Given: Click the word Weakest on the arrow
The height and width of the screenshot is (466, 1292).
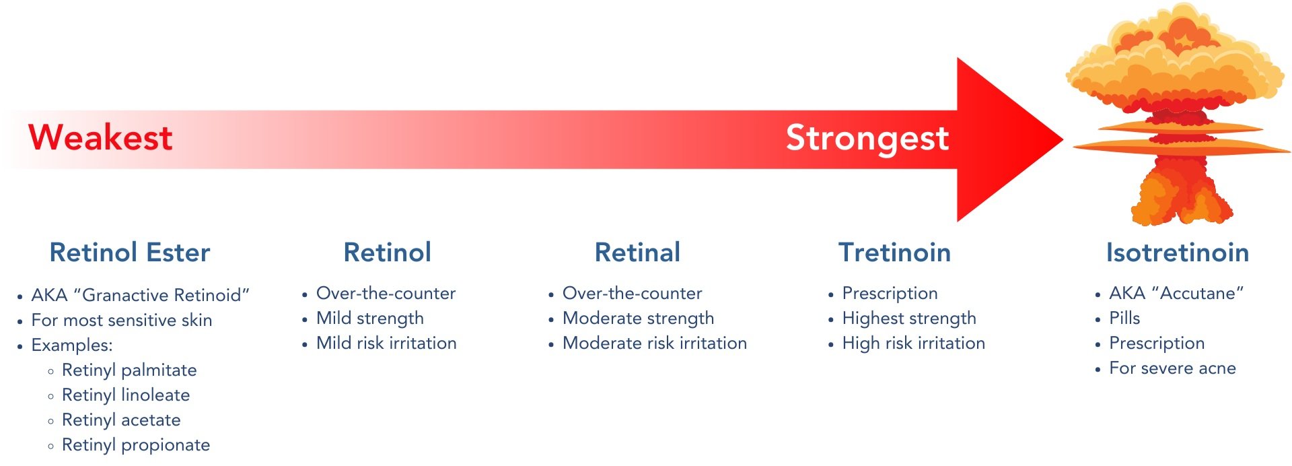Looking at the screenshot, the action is pos(100,137).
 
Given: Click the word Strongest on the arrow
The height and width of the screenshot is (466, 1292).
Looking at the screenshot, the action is pos(867,139).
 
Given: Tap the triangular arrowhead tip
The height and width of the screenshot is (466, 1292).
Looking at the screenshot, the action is pos(1063,139).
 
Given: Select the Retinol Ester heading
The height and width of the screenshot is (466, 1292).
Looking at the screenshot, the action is pos(130,253).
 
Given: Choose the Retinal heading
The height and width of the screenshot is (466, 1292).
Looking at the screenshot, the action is pos(637,253).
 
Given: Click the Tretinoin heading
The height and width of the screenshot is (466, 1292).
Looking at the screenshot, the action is pos(894,253).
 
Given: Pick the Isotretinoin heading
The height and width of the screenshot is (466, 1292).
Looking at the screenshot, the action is pos(1178,253).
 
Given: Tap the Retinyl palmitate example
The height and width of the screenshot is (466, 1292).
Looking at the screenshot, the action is pos(129,370).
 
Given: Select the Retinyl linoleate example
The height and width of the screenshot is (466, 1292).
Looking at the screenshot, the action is pos(126,395).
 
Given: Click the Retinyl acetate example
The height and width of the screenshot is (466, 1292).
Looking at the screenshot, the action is pos(121,420).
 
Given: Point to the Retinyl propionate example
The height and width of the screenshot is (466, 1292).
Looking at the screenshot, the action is pos(136,445).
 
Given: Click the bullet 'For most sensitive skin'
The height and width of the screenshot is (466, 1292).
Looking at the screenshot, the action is pos(122,321).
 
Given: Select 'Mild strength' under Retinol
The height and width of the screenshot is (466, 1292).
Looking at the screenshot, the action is pos(370,318).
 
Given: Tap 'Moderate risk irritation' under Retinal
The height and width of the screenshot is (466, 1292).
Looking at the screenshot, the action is pos(655,343).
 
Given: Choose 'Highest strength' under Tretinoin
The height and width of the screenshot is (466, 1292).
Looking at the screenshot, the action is pos(909,318).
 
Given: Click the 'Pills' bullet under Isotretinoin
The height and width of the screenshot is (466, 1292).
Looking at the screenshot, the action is pos(1124,318).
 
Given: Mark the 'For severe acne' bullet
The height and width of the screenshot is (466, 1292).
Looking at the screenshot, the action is pos(1172,368).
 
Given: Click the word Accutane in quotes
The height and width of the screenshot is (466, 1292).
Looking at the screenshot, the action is pos(1198,294).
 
